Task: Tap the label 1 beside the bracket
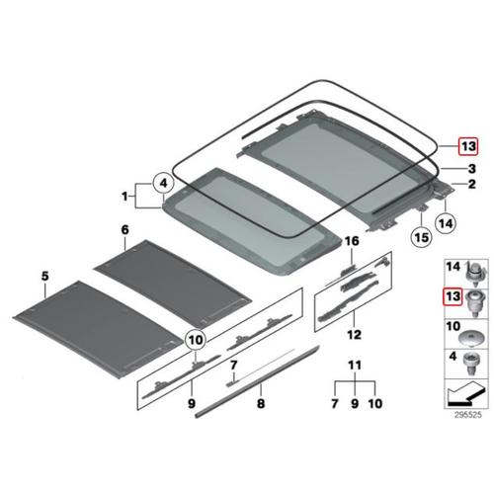pyautogui.click(x=124, y=198)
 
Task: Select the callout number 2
pyautogui.click(x=472, y=185)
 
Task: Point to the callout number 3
pyautogui.click(x=472, y=168)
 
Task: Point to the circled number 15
pyautogui.click(x=421, y=237)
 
